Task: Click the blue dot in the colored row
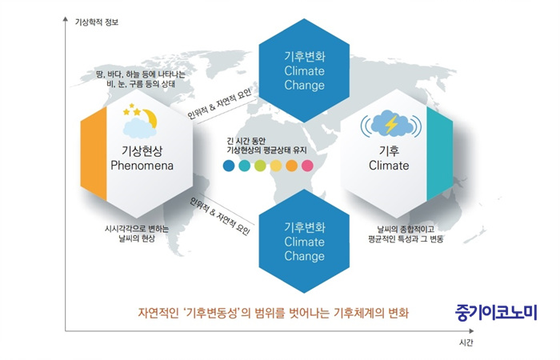tap(229, 166)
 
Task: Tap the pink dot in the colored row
tap(307, 166)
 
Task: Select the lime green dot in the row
tap(260, 166)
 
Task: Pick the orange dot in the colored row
tap(291, 166)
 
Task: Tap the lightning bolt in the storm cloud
tap(391, 124)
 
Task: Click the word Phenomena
tap(142, 166)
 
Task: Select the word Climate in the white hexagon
tap(389, 166)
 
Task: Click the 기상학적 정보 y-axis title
tap(97, 22)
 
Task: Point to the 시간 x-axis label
tap(466, 342)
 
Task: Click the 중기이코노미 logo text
tap(496, 313)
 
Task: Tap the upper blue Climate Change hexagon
tap(304, 70)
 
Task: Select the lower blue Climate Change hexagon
tap(304, 242)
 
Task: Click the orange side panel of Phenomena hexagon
tap(94, 154)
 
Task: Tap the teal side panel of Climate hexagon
tap(440, 154)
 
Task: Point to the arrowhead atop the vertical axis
tap(66, 18)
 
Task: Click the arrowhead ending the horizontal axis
tap(471, 331)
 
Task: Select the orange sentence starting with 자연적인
tap(274, 314)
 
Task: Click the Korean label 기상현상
tap(142, 150)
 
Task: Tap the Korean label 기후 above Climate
tap(389, 150)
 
